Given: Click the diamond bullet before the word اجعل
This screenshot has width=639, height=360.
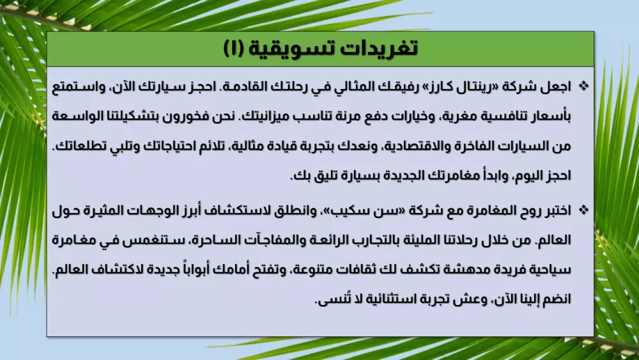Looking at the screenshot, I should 583,86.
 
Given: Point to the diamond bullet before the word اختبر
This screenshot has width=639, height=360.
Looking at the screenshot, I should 583,210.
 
